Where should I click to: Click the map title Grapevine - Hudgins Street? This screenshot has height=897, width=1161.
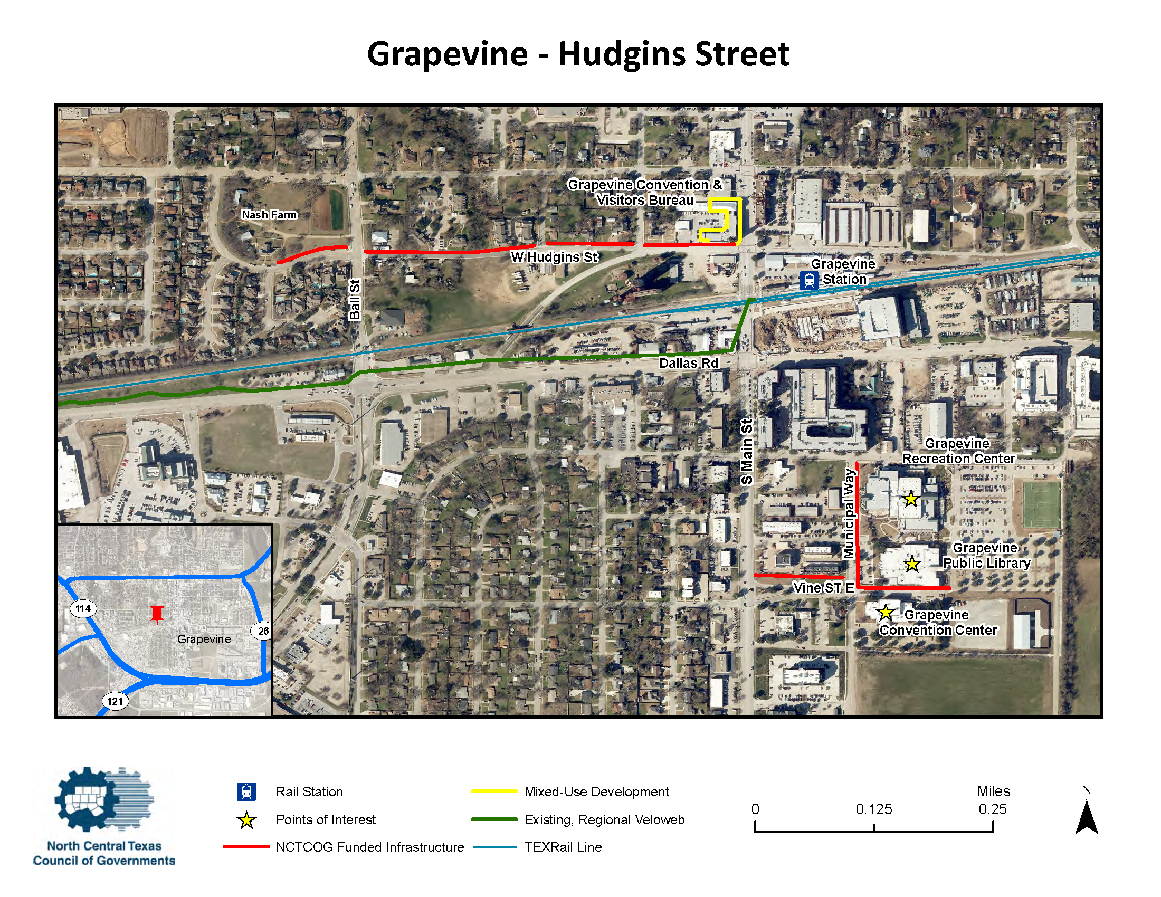pos(578,54)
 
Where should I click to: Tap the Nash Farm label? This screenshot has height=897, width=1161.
pos(269,215)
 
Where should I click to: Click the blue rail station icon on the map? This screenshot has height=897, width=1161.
pos(808,280)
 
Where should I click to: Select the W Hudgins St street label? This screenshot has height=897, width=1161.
pos(554,257)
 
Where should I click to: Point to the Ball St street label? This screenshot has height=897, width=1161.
pos(355,299)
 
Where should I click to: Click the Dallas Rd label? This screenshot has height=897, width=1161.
pos(688,363)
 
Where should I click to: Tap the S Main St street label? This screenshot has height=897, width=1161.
pos(746,452)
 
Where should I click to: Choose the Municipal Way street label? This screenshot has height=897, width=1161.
pos(849,513)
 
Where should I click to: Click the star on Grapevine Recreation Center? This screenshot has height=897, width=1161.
pos(911,499)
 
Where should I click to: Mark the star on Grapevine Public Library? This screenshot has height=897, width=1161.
pos(912,564)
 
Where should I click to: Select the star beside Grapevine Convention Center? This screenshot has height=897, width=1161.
pos(885,613)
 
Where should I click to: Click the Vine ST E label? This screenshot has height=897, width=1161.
pos(823,587)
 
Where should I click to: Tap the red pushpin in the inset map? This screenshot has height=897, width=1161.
pos(157,614)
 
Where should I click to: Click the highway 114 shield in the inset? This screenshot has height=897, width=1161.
pos(83,608)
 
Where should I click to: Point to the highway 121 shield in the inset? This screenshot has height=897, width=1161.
pos(115,701)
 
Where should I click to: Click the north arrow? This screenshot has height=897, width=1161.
pos(1087,816)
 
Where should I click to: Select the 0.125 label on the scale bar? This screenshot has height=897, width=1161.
pos(873,809)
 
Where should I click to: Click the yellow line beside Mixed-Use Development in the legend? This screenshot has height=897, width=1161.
pos(494,791)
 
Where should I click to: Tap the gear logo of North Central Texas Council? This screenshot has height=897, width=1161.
pos(104,800)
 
